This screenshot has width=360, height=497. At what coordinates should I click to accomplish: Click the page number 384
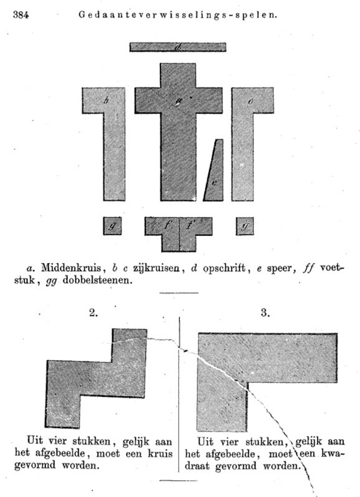click(21, 15)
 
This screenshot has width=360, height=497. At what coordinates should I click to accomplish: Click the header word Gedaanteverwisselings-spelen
click(178, 14)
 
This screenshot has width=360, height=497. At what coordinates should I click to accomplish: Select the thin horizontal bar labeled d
click(178, 47)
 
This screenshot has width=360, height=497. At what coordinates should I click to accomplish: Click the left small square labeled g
click(112, 226)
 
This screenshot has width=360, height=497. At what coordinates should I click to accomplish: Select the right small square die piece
click(245, 226)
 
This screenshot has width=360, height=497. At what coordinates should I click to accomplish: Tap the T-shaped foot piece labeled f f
click(178, 229)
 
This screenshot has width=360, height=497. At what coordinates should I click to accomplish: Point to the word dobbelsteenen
click(96, 280)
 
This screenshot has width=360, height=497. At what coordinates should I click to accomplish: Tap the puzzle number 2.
click(94, 313)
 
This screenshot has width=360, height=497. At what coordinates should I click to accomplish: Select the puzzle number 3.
click(265, 313)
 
